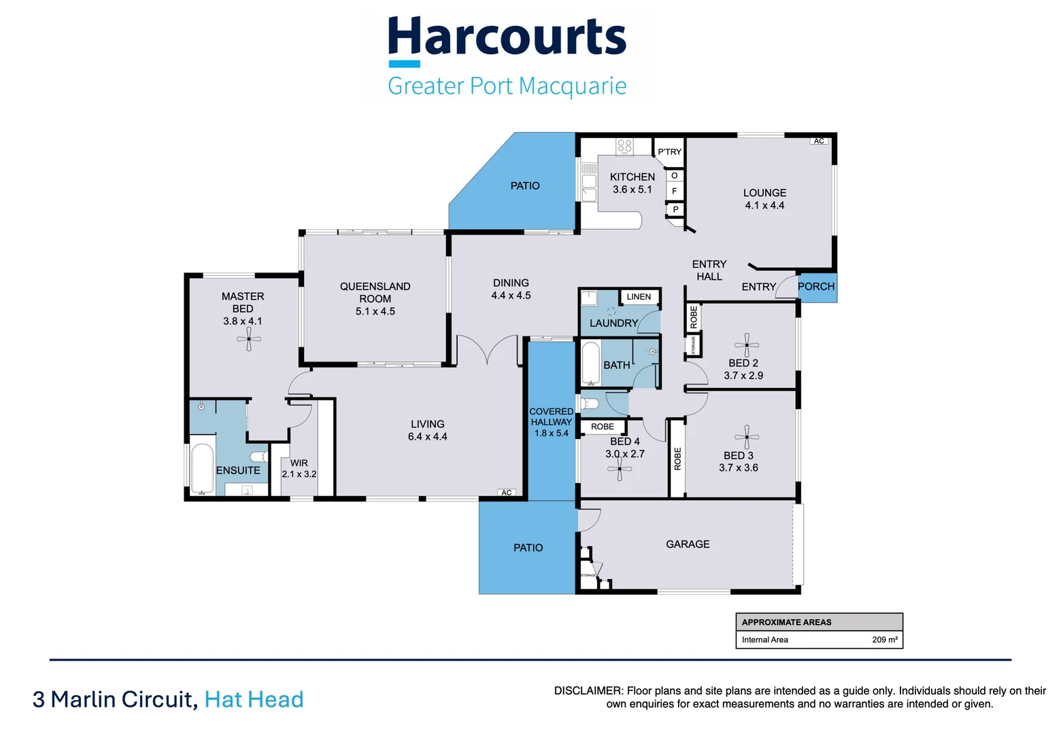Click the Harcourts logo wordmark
(507, 37)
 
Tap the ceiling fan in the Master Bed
(249, 338)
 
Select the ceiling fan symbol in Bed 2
(747, 345)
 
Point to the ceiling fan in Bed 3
(747, 437)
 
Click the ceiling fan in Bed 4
(620, 469)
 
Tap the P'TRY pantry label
(669, 152)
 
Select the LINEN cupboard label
(639, 296)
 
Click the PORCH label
(815, 286)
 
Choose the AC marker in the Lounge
(819, 141)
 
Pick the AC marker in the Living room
(507, 493)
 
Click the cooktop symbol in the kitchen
(624, 145)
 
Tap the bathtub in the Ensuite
(202, 468)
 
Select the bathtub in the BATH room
(590, 363)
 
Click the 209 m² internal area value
(884, 640)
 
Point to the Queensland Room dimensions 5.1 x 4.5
(375, 311)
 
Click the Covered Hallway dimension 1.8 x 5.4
(551, 433)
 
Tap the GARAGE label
(688, 544)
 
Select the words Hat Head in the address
(254, 699)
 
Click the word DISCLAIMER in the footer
(588, 691)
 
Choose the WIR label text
(299, 463)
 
